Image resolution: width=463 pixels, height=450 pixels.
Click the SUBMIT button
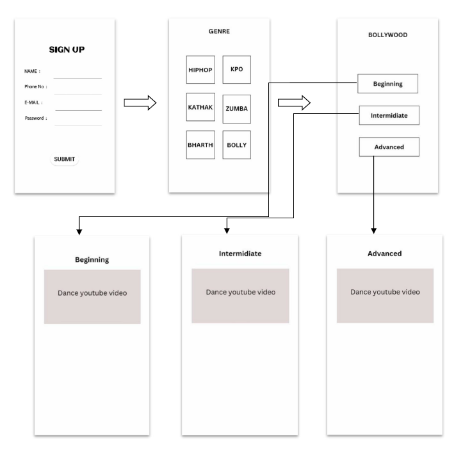click(64, 159)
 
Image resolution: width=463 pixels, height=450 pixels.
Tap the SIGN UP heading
click(67, 50)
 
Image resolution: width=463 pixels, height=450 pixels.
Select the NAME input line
click(78, 77)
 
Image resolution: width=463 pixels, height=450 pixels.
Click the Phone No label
click(36, 86)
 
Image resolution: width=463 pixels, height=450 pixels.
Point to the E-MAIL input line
click(78, 109)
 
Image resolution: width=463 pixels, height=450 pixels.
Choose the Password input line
click(78, 125)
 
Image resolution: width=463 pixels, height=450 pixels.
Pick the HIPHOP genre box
click(200, 71)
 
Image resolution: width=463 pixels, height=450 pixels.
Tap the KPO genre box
click(236, 70)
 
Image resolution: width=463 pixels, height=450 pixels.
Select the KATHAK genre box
click(200, 108)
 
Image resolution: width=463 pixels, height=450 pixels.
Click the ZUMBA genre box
click(236, 108)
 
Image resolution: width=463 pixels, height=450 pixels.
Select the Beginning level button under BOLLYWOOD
click(387, 84)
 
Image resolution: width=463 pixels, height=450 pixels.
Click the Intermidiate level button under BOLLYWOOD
click(389, 116)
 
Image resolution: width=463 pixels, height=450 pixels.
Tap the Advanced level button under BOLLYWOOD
click(389, 147)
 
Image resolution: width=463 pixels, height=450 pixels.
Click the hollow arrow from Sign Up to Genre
click(140, 102)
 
